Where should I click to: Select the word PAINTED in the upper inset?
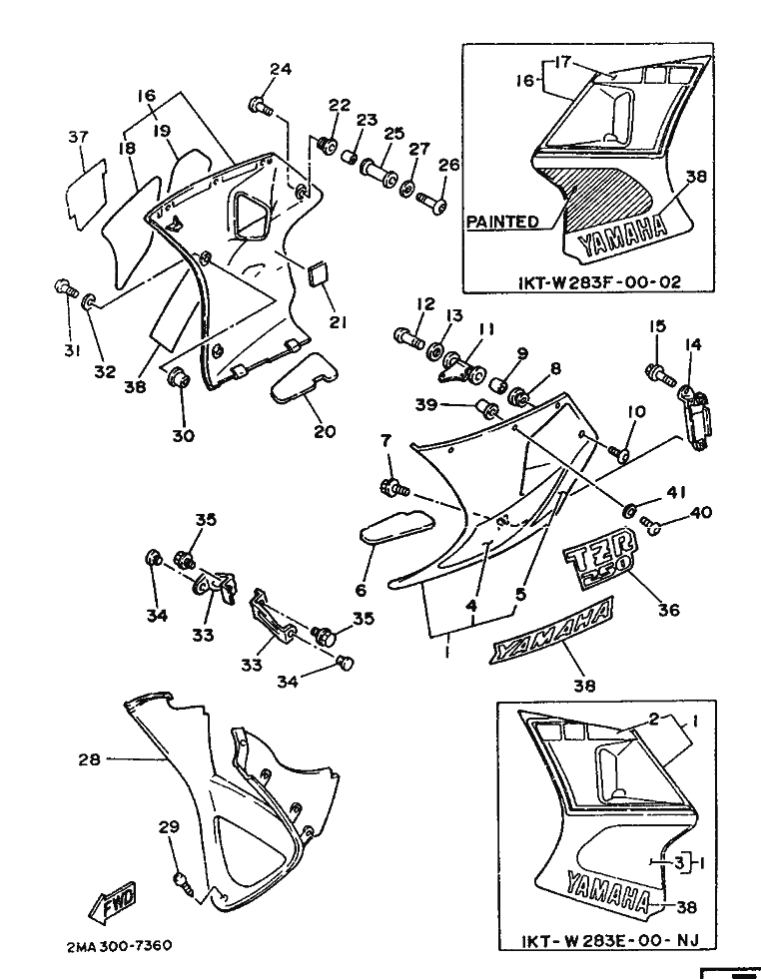[x=501, y=222]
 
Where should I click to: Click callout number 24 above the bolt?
[x=281, y=69]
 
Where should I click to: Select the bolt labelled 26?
[x=434, y=205]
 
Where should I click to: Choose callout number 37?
[x=78, y=137]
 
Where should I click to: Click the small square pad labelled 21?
[x=320, y=271]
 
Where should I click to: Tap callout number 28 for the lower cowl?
[x=89, y=759]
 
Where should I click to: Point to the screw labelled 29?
[x=181, y=879]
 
